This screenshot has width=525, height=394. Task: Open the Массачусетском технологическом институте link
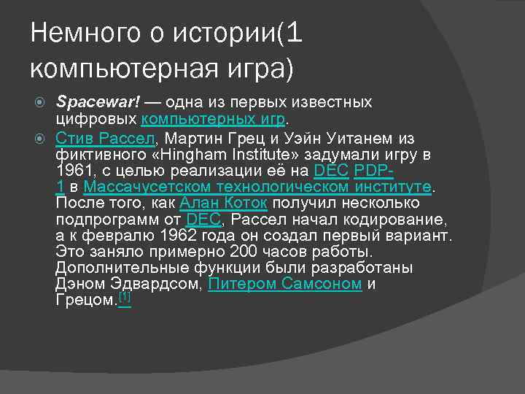point(258,188)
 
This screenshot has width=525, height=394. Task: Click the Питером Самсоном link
point(285,284)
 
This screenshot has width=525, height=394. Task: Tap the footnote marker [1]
point(125,298)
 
